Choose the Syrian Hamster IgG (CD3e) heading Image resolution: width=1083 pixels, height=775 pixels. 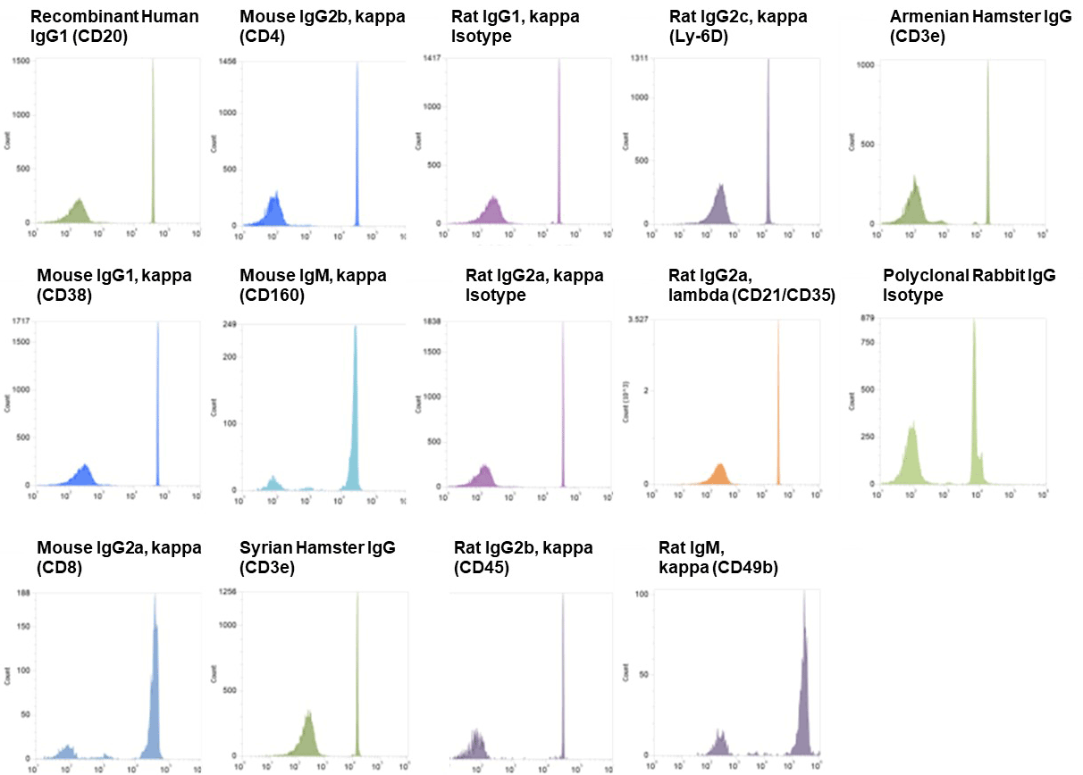tap(317, 555)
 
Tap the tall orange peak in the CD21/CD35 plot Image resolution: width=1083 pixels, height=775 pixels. tap(778, 402)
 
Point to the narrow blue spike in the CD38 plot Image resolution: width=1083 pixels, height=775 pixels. tap(158, 402)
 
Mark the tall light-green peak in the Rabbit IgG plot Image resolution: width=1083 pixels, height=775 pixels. tap(974, 402)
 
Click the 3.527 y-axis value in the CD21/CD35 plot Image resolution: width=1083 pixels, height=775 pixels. tap(636, 319)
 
